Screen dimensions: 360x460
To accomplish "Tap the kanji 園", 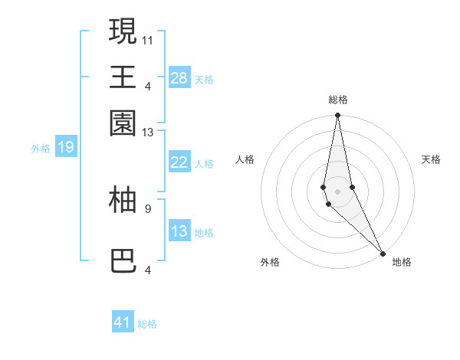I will (x=123, y=123).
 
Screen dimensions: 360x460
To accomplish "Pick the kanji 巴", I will (x=123, y=261).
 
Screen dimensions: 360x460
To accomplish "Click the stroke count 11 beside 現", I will (x=148, y=39).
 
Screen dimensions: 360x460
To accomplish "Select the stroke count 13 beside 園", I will (x=148, y=133).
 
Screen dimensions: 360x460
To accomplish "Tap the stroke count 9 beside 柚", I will (x=148, y=208).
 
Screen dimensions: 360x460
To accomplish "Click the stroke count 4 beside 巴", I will (x=148, y=269).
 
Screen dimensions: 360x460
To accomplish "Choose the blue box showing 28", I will (x=179, y=77).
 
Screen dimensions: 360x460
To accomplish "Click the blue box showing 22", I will (x=179, y=162).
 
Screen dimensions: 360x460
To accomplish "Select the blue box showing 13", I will (x=179, y=231).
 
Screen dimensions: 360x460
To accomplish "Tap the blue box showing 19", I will (x=66, y=147).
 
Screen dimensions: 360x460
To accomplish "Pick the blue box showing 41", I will (x=123, y=322).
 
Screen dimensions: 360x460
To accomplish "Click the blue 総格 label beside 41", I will (x=148, y=324).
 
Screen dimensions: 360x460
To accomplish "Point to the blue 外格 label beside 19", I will (x=41, y=149).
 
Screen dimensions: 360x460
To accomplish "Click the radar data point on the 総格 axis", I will (x=337, y=116).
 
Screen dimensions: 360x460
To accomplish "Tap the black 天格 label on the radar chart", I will (x=431, y=159).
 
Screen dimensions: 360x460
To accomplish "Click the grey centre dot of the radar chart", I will (x=337, y=191).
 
